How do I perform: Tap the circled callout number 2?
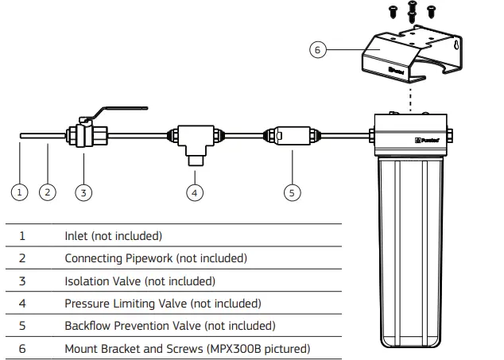tap(48, 192)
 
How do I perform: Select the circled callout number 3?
tap(83, 192)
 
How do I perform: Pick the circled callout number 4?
tap(195, 192)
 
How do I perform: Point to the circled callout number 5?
tap(293, 192)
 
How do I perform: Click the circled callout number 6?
tap(318, 49)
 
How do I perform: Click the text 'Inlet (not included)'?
tap(113, 236)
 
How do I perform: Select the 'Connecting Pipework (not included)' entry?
tap(155, 258)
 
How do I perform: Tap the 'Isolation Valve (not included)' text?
tap(139, 281)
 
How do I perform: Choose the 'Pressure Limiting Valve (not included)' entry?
tap(162, 304)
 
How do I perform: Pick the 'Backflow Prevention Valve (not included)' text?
tap(170, 326)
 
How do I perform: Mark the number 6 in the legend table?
tap(22, 349)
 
